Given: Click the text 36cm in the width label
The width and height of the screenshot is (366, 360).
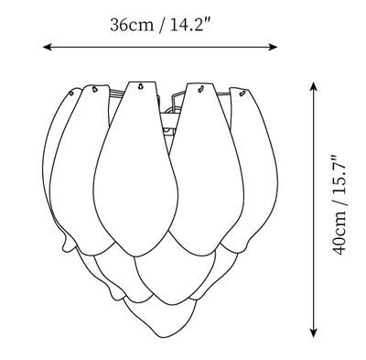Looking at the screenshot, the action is (132, 25).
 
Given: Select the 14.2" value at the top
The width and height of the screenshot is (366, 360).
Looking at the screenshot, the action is (190, 25).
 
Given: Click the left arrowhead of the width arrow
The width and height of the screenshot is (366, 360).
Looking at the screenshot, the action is (47, 47).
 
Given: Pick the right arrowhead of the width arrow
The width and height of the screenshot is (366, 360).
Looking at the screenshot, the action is (274, 47).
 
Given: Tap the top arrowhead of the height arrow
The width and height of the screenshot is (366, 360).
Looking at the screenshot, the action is (313, 86).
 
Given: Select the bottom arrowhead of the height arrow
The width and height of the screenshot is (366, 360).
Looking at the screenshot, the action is (313, 333).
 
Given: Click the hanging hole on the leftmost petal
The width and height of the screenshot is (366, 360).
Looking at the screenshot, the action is (71, 93).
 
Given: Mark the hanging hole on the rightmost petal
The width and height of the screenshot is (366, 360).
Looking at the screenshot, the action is (242, 93).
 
